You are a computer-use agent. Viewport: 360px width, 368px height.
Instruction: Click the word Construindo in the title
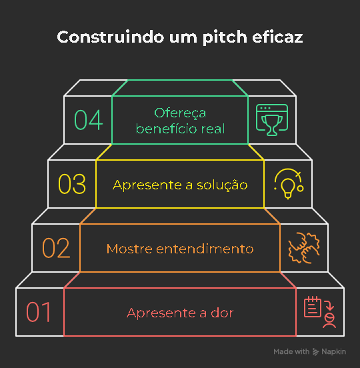point(111,37)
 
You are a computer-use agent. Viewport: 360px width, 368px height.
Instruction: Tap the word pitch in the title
point(225,37)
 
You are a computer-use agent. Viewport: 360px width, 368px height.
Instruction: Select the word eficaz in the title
point(277,37)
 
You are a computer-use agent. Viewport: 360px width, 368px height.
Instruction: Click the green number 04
point(89,120)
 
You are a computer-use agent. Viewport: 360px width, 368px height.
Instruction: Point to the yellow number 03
point(72,184)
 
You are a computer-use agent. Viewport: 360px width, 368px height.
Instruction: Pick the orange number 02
point(56,248)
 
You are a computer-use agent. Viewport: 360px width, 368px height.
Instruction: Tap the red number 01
point(39,312)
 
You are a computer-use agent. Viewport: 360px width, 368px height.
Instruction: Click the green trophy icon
point(272,120)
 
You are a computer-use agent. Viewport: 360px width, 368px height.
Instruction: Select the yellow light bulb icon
point(289,184)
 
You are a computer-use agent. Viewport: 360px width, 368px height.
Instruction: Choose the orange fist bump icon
point(304,248)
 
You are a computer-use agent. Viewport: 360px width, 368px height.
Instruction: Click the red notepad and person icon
point(320,312)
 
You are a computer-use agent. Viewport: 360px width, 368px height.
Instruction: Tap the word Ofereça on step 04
point(180,113)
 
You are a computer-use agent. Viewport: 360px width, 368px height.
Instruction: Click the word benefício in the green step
point(166,129)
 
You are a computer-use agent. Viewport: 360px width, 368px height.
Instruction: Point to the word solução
point(222,185)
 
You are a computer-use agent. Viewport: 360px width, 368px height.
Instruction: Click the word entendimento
point(205,249)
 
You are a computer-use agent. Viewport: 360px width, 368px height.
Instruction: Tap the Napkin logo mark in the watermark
point(315,351)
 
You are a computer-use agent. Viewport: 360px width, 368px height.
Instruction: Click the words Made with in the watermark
point(291,351)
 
